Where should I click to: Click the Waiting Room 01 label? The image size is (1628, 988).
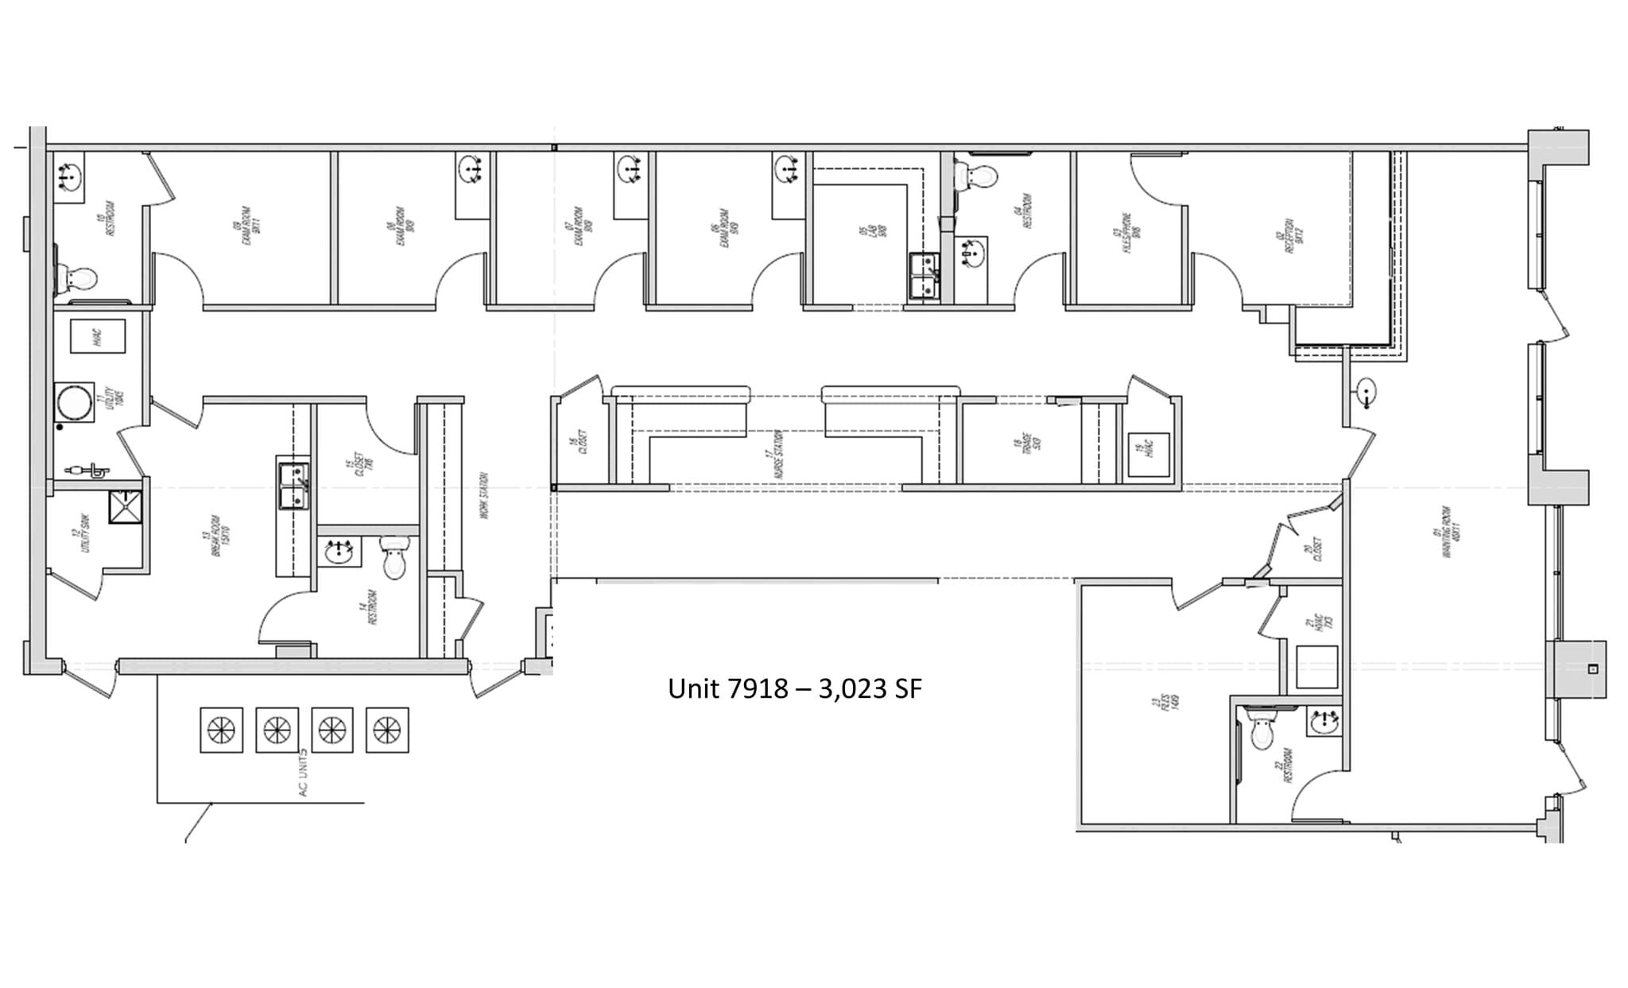click(x=1452, y=531)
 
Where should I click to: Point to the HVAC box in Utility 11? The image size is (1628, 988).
click(x=98, y=336)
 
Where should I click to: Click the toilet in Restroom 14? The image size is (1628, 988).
click(x=394, y=558)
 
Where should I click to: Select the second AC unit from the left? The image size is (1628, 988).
click(x=277, y=730)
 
